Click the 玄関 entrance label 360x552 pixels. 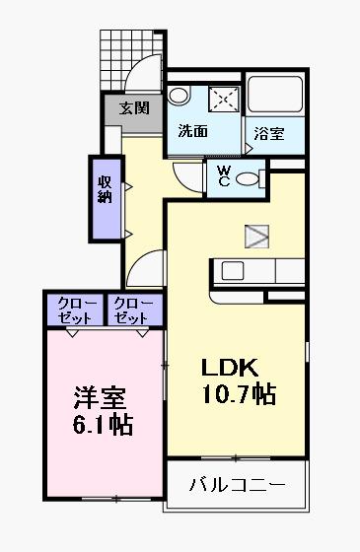pos(134,108)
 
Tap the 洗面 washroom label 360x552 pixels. pos(192,131)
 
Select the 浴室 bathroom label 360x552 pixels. pos(268,134)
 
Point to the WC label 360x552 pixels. pos(224,176)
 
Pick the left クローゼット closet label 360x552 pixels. pos(76,310)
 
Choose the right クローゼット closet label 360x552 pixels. pos(130,310)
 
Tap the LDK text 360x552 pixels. pos(230,369)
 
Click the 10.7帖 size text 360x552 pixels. pos(239,395)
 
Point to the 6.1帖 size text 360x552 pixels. pos(104,426)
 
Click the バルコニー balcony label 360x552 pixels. pos(237,485)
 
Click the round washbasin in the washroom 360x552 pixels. pos(178,96)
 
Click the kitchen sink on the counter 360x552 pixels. pos(234,270)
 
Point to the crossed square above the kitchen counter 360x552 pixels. pos(256,235)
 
